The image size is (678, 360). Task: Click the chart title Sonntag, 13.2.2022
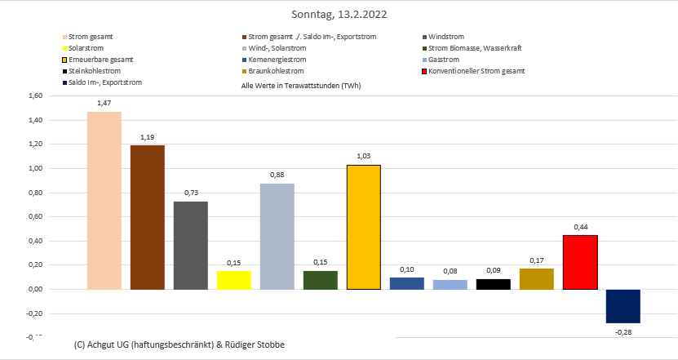339,14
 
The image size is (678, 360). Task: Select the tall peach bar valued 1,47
104,200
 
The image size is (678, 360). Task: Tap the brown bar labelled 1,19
148,217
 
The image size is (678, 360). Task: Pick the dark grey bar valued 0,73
191,245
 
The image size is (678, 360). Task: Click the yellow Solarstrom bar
233,280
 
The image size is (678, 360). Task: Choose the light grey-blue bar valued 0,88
277,236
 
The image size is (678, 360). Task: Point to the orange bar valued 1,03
363,227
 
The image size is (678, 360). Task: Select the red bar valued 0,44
580,262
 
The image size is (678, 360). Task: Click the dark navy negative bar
623,306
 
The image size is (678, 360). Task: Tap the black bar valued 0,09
494,284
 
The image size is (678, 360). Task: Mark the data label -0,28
623,332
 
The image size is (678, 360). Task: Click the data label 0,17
537,260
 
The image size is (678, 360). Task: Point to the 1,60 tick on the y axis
34,96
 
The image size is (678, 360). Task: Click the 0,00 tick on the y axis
34,289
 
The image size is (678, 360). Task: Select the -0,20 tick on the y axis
34,313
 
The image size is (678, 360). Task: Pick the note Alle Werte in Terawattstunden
301,85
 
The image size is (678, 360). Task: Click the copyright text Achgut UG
180,345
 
